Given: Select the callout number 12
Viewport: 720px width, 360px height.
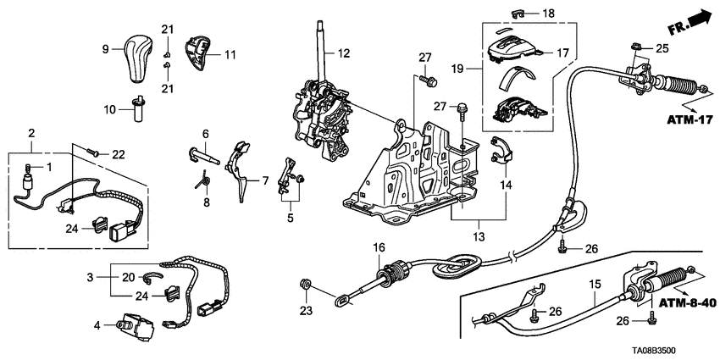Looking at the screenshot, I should pos(342,53).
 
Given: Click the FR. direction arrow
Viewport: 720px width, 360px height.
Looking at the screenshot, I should pos(693,19).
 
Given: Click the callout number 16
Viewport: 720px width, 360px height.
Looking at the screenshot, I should pos(380,247).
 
